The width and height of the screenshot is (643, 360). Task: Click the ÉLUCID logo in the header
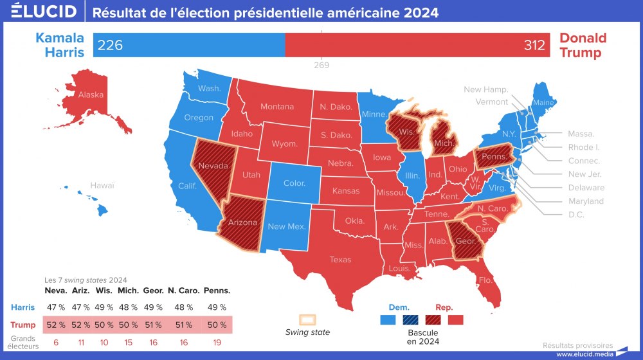click(x=39, y=12)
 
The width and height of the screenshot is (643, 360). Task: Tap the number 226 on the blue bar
click(x=110, y=45)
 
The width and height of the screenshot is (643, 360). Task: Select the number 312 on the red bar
click(x=534, y=45)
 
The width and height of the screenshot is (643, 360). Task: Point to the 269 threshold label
click(x=321, y=65)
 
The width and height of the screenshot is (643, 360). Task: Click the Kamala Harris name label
click(x=60, y=45)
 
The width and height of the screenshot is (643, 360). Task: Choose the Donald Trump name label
click(x=583, y=45)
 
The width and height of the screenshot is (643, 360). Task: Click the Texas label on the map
click(x=340, y=260)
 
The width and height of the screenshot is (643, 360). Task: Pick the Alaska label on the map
click(x=91, y=95)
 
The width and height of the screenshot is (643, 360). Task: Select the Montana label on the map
click(x=277, y=107)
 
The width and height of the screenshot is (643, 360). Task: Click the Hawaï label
click(x=102, y=185)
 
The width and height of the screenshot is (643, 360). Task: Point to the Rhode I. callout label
click(x=585, y=147)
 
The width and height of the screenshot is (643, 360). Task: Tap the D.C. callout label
click(x=576, y=215)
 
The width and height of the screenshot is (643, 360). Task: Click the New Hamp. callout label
click(x=486, y=89)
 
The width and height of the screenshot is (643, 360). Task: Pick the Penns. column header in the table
click(x=217, y=291)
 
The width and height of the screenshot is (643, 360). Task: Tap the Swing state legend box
click(x=307, y=319)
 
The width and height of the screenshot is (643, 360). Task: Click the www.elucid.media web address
click(x=584, y=354)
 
